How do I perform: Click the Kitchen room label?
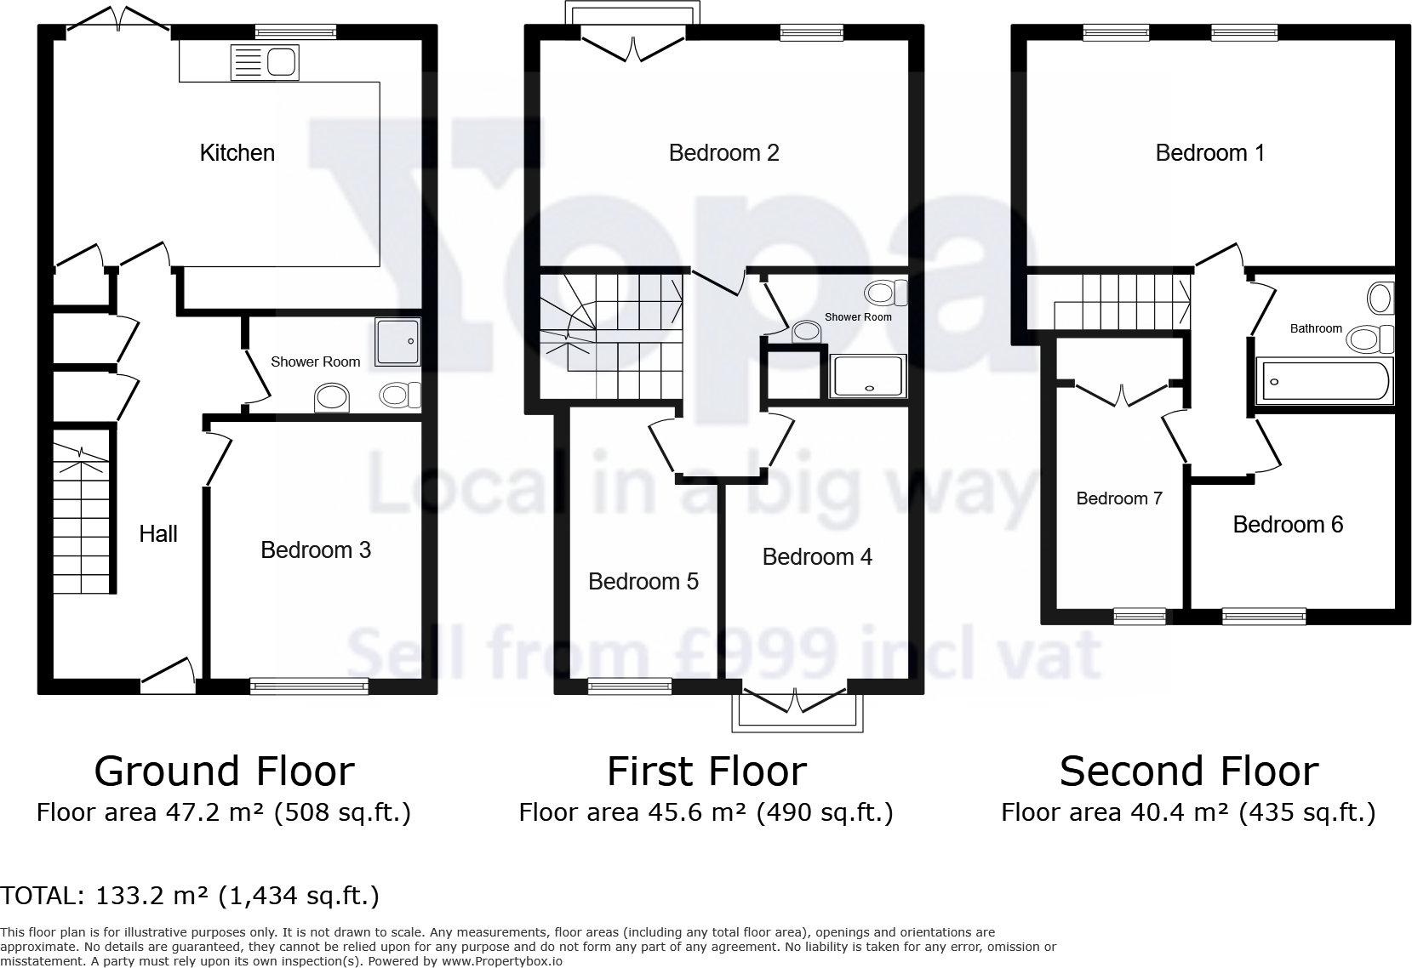237,153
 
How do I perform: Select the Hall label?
158,534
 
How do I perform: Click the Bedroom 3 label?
315,550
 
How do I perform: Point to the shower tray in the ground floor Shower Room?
397,341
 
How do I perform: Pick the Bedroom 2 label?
723,153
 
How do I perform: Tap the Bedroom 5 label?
643,582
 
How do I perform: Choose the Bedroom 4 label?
817,557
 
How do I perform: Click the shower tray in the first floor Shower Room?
868,376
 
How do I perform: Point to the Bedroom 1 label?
1209,153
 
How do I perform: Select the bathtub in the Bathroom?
1324,381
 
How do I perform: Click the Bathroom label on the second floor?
1316,328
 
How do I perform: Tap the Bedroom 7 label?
1119,498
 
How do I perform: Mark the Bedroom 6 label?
1288,525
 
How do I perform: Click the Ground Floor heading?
224,772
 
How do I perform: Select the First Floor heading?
706,772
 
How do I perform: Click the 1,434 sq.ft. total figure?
299,896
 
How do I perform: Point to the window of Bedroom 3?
310,685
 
